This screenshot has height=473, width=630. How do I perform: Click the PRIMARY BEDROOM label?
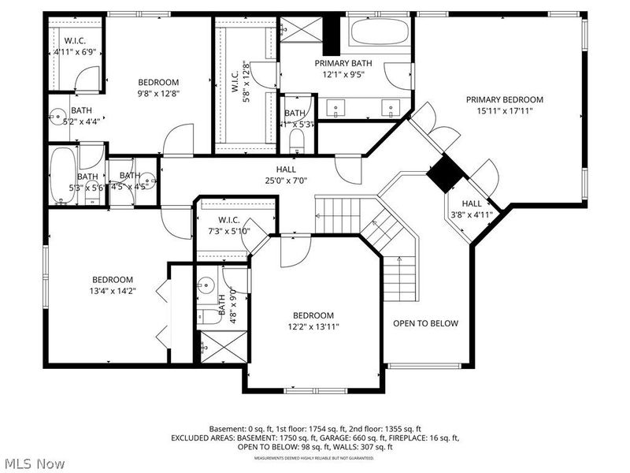point(504,99)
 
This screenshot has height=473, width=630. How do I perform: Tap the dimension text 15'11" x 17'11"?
point(504,111)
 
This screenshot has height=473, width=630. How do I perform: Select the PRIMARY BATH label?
point(343,63)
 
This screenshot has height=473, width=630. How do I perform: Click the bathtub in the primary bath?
point(380,32)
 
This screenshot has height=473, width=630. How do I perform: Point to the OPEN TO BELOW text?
point(425,323)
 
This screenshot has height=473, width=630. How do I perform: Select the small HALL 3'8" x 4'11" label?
point(471,208)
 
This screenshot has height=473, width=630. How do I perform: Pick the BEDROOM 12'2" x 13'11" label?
point(313,320)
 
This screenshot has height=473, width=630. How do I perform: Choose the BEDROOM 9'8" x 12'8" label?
point(158,88)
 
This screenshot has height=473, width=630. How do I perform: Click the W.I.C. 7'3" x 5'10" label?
point(225,225)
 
